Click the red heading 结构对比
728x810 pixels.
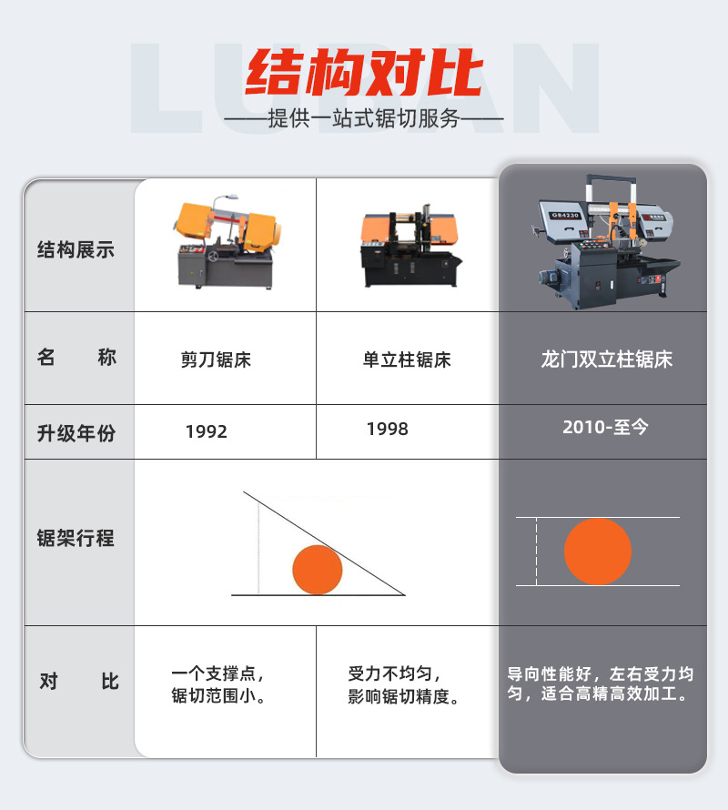(364, 74)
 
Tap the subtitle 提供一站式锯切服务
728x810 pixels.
(364, 119)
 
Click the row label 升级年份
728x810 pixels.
(76, 433)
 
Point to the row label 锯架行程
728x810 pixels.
(76, 538)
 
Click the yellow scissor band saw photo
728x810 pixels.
(226, 243)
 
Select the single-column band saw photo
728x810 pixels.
(408, 246)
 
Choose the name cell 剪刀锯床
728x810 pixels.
(216, 360)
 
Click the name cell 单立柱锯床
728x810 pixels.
(407, 360)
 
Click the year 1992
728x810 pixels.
(207, 431)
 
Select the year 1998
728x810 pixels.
(388, 429)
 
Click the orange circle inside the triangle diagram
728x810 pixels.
(317, 570)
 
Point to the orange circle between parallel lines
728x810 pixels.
(597, 551)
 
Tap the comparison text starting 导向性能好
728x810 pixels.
(601, 683)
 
